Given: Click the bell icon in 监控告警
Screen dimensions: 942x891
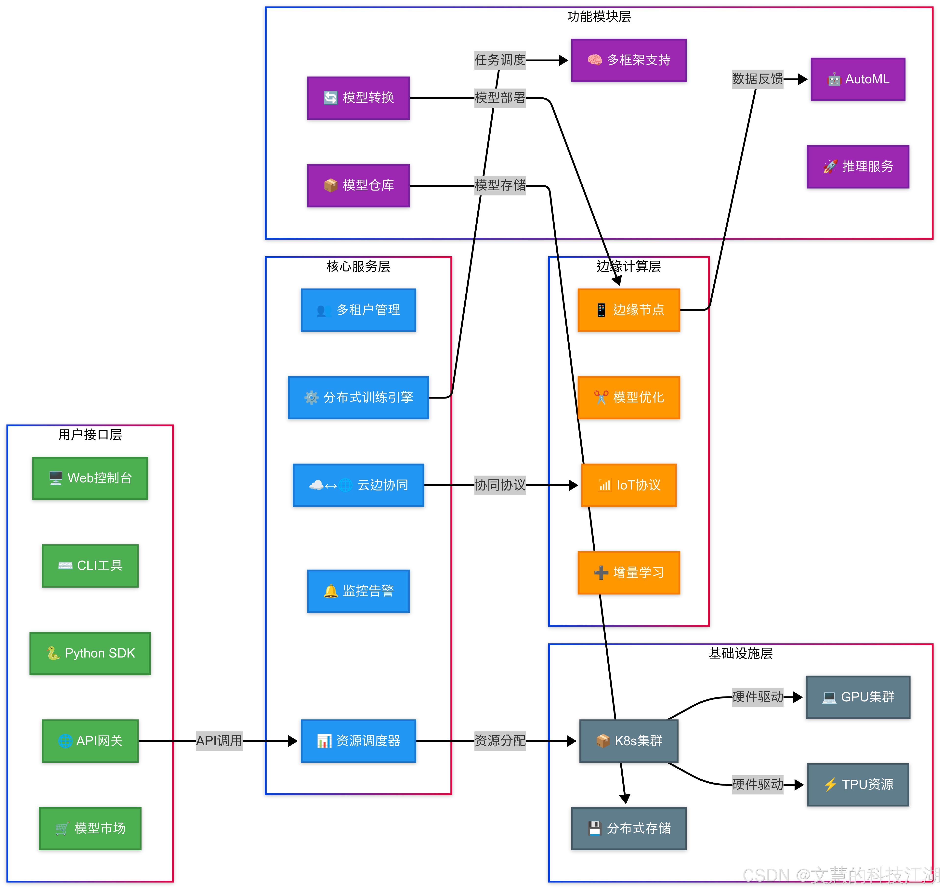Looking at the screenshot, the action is tap(331, 591).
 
